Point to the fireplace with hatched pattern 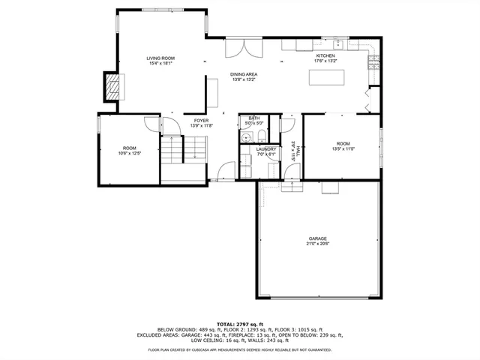tap(111, 86)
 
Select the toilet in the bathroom tap(259, 135)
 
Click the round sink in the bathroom tap(245, 136)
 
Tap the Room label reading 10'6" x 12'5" tap(130, 150)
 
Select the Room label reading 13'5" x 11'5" tap(343, 145)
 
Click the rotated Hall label tap(297, 150)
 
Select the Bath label tap(254, 118)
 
